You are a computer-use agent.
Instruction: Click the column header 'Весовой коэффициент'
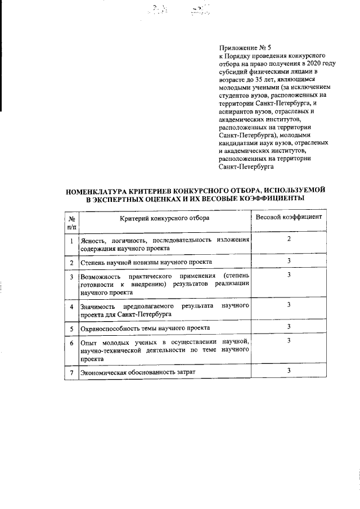pyautogui.click(x=289, y=217)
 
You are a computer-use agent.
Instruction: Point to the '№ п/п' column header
pyautogui.click(x=71, y=222)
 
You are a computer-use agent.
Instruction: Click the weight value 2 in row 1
pyautogui.click(x=289, y=239)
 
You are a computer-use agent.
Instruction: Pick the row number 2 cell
pyautogui.click(x=71, y=263)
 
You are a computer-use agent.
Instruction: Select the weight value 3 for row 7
pyautogui.click(x=289, y=370)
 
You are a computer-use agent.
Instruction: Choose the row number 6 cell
pyautogui.click(x=71, y=343)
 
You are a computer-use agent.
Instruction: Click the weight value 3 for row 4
pyautogui.click(x=289, y=304)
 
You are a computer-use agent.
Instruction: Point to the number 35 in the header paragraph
pyautogui.click(x=247, y=80)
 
